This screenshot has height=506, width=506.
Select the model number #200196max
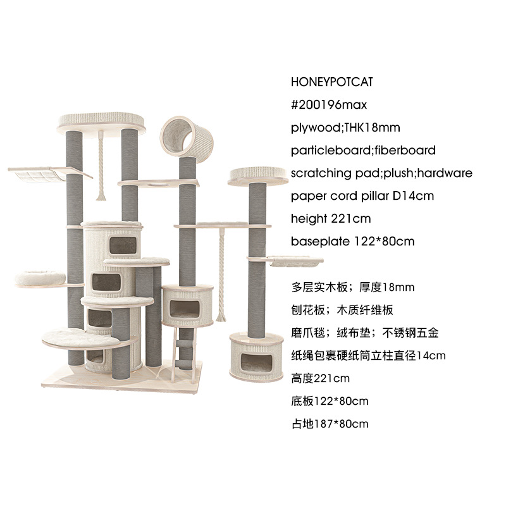tap(329, 104)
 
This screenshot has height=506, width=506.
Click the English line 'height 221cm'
tap(331, 218)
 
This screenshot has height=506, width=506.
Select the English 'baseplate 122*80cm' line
tap(353, 241)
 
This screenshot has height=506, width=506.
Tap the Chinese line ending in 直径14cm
tap(369, 355)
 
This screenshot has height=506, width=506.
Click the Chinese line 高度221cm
tap(321, 378)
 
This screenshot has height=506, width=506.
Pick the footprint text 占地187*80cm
tap(330, 424)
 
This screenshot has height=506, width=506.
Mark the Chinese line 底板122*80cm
tap(330, 401)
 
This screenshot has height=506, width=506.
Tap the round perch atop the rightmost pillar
tap(255, 175)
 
